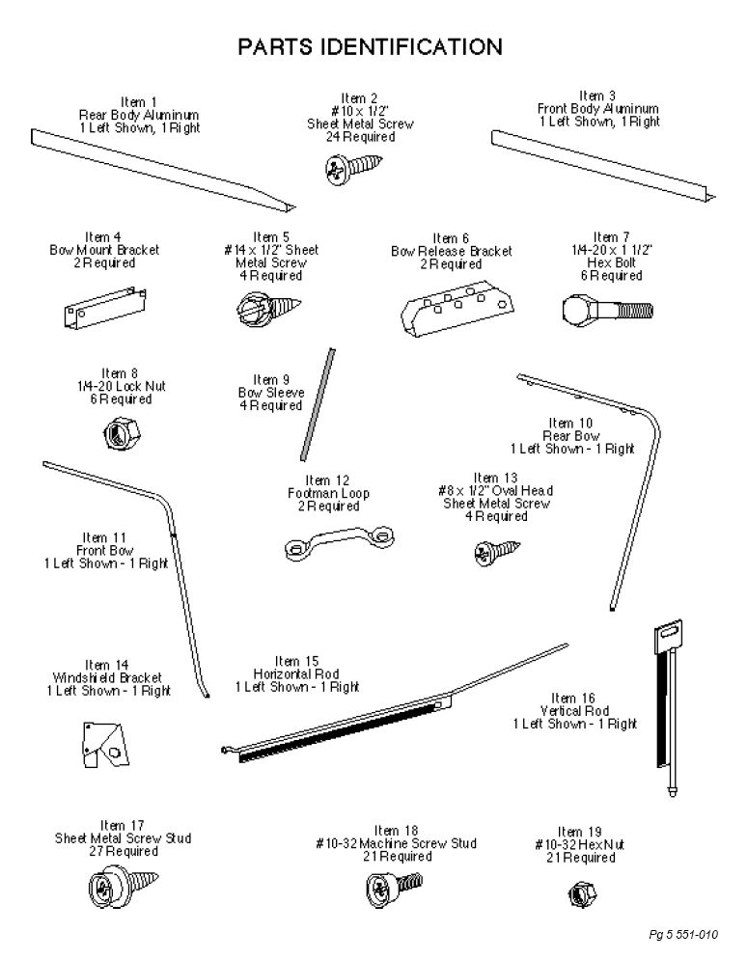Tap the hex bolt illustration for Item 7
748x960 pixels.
(x=607, y=311)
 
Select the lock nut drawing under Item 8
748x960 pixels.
(x=122, y=433)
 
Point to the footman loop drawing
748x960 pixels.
(x=340, y=542)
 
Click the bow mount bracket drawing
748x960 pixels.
(x=105, y=308)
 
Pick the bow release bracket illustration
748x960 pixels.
(x=457, y=308)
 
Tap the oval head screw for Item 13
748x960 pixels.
(x=497, y=552)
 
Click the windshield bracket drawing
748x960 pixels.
(x=105, y=744)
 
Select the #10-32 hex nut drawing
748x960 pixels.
(x=582, y=894)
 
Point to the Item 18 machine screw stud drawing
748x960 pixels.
(x=395, y=889)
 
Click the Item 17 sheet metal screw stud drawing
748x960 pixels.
(x=123, y=887)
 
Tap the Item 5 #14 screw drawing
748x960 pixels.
(x=267, y=308)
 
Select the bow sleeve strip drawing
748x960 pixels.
(x=318, y=404)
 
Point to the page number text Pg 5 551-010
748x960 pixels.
(x=683, y=934)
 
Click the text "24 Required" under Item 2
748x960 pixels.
(x=360, y=137)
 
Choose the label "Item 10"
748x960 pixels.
(x=570, y=423)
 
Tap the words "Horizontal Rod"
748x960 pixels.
(x=296, y=674)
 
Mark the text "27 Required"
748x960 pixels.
(x=124, y=851)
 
